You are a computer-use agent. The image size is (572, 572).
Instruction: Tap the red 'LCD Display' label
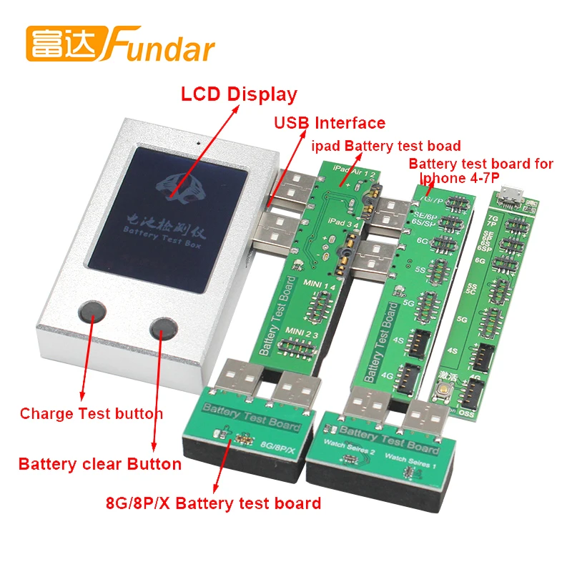(x=238, y=94)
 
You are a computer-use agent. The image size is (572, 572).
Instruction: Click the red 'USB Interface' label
(x=330, y=122)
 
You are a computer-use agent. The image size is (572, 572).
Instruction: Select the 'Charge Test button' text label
(x=91, y=413)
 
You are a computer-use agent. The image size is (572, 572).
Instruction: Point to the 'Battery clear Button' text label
(x=99, y=464)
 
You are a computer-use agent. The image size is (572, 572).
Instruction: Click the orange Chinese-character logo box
(x=66, y=43)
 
